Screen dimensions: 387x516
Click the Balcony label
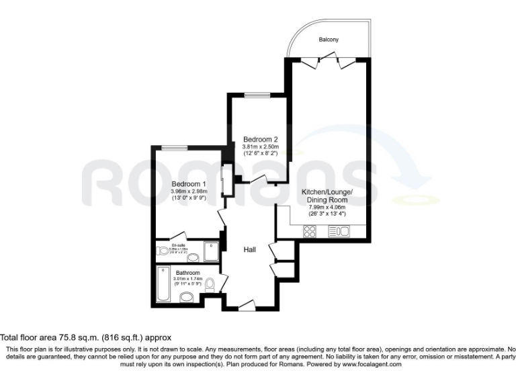329,40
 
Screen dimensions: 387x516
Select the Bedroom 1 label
188,184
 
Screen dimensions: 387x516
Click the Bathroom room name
188,273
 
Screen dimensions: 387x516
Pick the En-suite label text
178,245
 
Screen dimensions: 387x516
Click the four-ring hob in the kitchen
310,232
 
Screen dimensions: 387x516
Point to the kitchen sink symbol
339,232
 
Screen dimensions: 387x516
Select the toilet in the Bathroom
210,286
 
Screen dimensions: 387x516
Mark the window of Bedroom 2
257,95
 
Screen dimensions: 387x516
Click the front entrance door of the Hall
247,306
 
